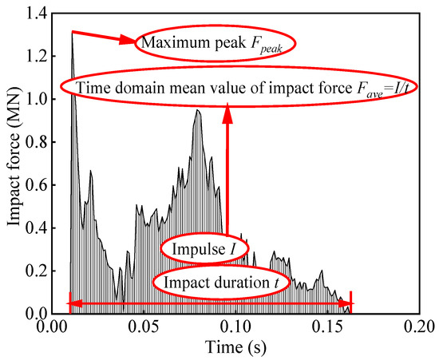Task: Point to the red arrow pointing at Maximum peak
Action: (104, 38)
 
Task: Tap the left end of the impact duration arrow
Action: (70, 303)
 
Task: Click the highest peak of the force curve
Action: (72, 32)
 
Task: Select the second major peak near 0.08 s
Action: (196, 110)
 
